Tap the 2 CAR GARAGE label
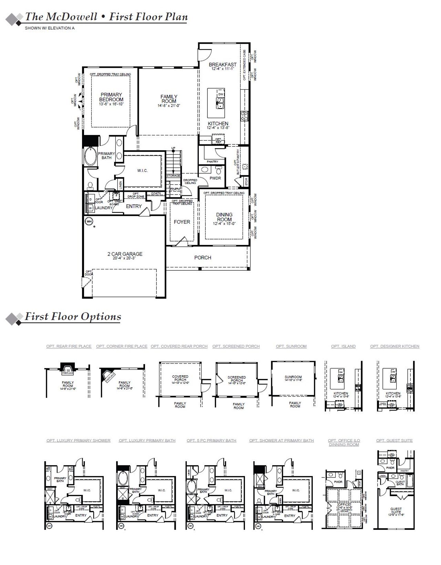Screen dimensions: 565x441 tap(125, 254)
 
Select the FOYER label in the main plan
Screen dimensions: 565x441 tap(182, 222)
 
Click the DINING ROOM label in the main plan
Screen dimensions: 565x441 tap(224, 217)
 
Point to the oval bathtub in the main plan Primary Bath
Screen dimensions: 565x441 tap(91, 157)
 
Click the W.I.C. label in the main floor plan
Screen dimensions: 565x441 tap(142, 171)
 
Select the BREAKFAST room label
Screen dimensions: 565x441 tap(223, 64)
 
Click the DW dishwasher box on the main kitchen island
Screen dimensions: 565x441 tap(221, 94)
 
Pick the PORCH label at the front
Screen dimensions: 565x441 tap(203, 257)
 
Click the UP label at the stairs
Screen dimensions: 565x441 tap(173, 148)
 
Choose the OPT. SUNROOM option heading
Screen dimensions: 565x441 tap(291, 346)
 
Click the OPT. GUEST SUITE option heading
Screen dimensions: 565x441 tap(394, 440)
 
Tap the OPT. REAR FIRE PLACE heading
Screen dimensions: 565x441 tap(69, 346)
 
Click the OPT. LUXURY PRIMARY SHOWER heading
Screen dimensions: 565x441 tap(79, 440)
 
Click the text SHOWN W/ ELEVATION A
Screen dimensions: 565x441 tap(50, 28)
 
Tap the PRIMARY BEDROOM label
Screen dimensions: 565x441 tap(111, 97)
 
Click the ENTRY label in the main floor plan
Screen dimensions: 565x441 tap(134, 206)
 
